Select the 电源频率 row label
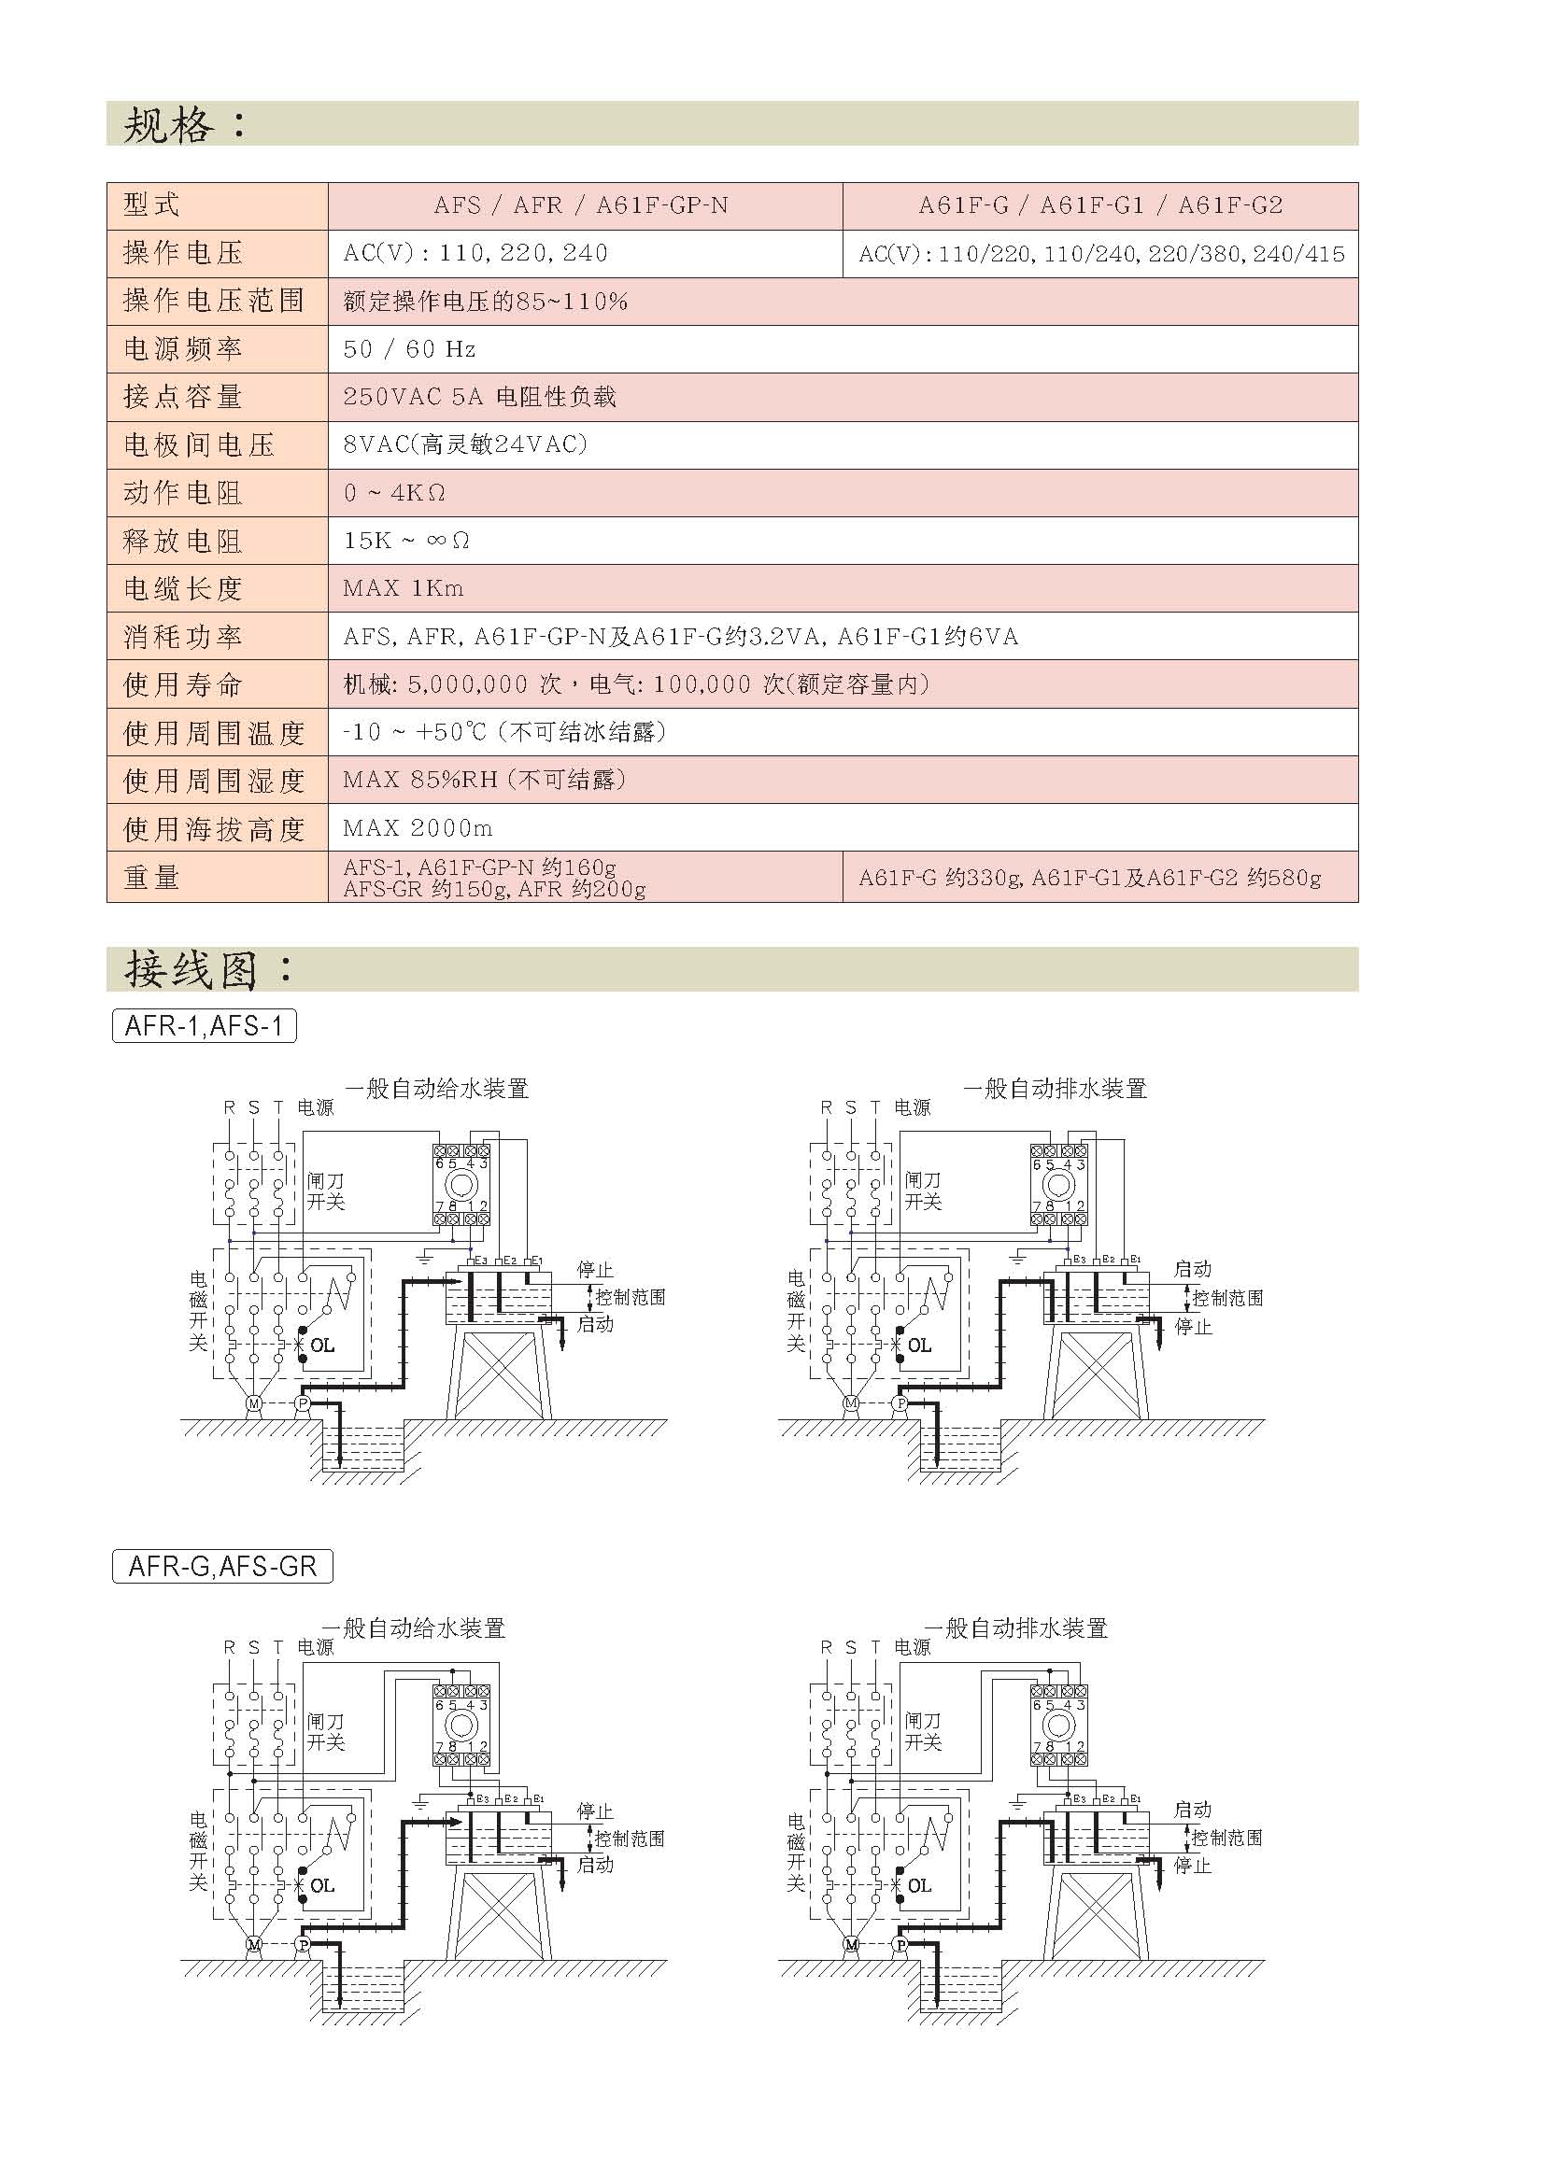pos(183,349)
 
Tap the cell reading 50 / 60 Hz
pos(409,349)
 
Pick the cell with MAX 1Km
pos(404,588)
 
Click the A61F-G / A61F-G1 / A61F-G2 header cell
pos(1099,205)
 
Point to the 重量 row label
pos(151,877)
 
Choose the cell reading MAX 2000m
pos(418,827)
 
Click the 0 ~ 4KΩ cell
pos(394,493)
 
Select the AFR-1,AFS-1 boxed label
pos(205,1025)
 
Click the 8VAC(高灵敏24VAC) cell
pos(465,444)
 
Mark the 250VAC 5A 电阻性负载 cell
pos(479,397)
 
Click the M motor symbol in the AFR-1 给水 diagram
pos(254,1403)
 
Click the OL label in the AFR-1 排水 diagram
pos(919,1345)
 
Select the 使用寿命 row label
pos(183,683)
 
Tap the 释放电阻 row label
pos(183,542)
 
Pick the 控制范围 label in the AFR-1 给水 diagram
pos(630,1297)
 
